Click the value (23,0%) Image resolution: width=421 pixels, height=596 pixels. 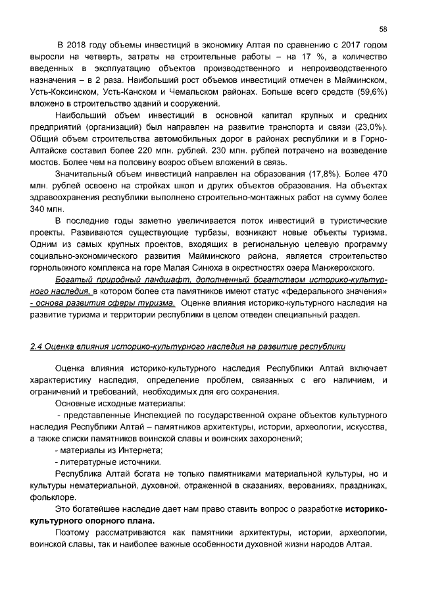coord(370,126)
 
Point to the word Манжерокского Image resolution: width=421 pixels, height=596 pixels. coord(341,267)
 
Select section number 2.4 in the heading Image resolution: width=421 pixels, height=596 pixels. coord(37,346)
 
